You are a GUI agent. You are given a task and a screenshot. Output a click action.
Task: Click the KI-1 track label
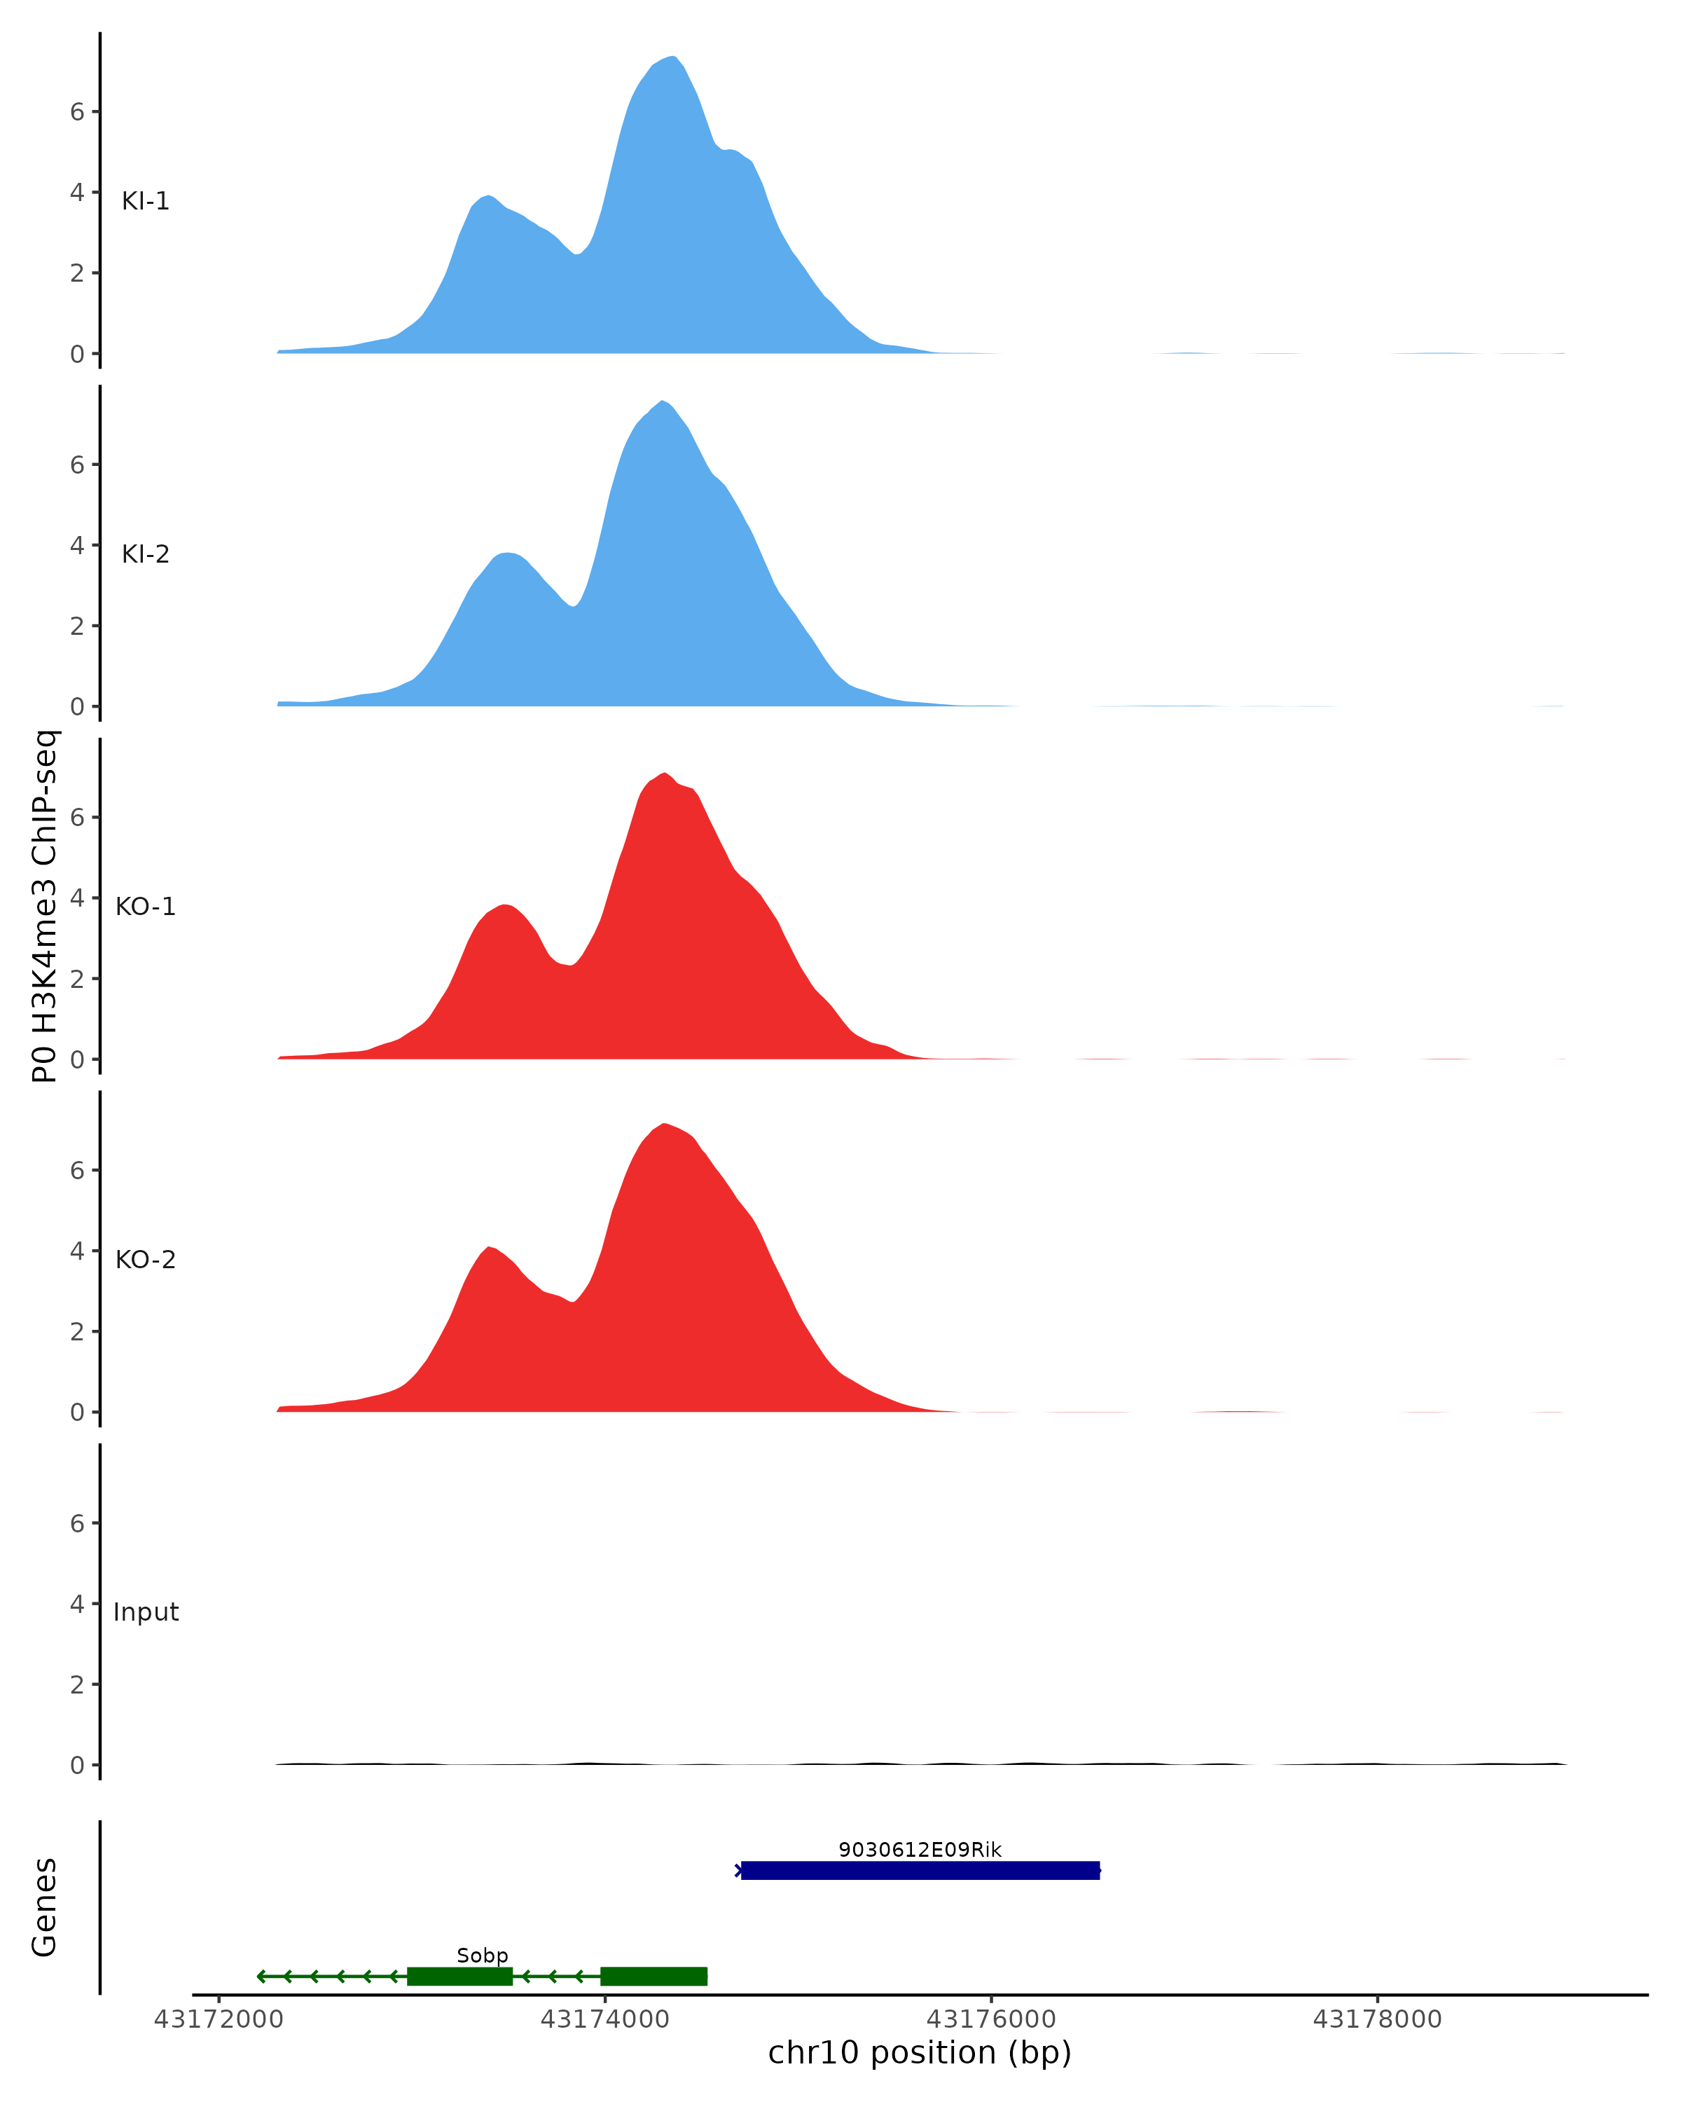[x=145, y=202]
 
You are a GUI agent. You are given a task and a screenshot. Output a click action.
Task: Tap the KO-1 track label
[x=145, y=907]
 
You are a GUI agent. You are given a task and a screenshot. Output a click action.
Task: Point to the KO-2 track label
[x=145, y=1260]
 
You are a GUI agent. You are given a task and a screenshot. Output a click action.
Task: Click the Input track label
[x=145, y=1612]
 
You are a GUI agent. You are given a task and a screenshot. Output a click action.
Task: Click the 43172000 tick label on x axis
[x=219, y=2019]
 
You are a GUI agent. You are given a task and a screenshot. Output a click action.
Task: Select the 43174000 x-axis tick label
[x=604, y=2019]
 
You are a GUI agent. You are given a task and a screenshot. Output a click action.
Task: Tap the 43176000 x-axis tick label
[x=991, y=2019]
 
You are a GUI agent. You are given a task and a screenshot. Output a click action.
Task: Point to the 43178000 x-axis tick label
[x=1377, y=2019]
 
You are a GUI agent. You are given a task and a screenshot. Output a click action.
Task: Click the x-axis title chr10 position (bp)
[x=919, y=2053]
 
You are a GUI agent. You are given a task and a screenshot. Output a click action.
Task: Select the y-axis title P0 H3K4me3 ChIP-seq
[x=45, y=906]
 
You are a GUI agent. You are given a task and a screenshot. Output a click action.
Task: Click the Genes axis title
[x=45, y=1907]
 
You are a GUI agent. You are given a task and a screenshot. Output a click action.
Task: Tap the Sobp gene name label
[x=483, y=1956]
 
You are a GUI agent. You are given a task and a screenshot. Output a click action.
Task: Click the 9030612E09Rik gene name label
[x=919, y=1850]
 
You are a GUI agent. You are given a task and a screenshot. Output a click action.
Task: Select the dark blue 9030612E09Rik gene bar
[x=919, y=1870]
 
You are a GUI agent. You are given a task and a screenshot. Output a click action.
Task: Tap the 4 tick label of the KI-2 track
[x=77, y=546]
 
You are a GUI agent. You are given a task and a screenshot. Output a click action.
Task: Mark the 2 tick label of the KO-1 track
[x=77, y=980]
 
